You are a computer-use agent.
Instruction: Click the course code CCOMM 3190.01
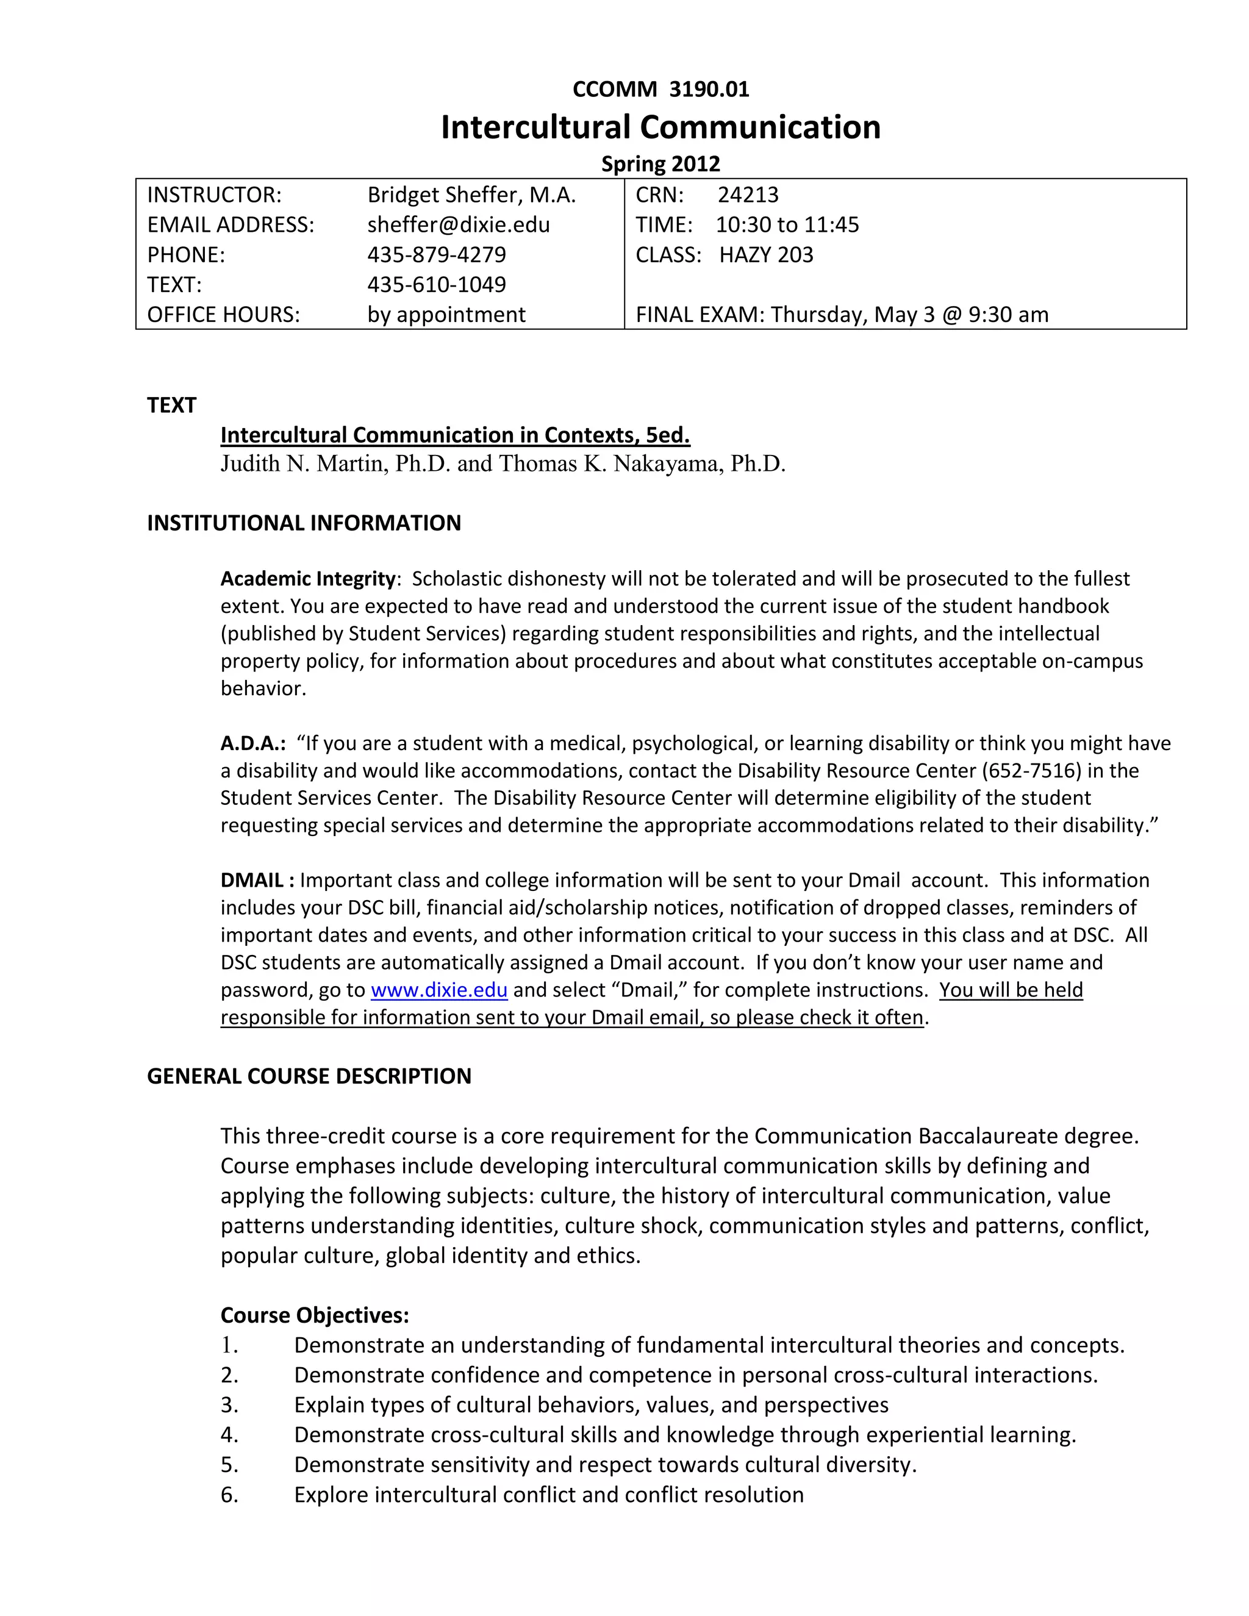(660, 90)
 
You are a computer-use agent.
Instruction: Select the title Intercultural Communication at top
(660, 127)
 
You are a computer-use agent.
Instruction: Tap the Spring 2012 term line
(660, 163)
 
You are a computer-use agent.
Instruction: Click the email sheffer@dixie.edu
(458, 225)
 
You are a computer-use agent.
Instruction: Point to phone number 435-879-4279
(437, 254)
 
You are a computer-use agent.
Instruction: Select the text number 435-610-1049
(437, 284)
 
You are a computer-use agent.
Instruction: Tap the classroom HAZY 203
(766, 254)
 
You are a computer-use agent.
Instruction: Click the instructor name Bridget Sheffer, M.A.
(471, 195)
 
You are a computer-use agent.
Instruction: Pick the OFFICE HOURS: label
(223, 315)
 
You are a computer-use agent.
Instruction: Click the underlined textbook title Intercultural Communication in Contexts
(454, 435)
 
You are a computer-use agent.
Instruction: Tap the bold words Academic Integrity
(308, 578)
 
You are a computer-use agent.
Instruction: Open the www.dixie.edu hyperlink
(438, 990)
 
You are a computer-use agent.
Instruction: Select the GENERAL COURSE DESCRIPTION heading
(309, 1076)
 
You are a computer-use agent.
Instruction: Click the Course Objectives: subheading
(315, 1315)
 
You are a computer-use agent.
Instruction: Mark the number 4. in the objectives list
(229, 1435)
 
